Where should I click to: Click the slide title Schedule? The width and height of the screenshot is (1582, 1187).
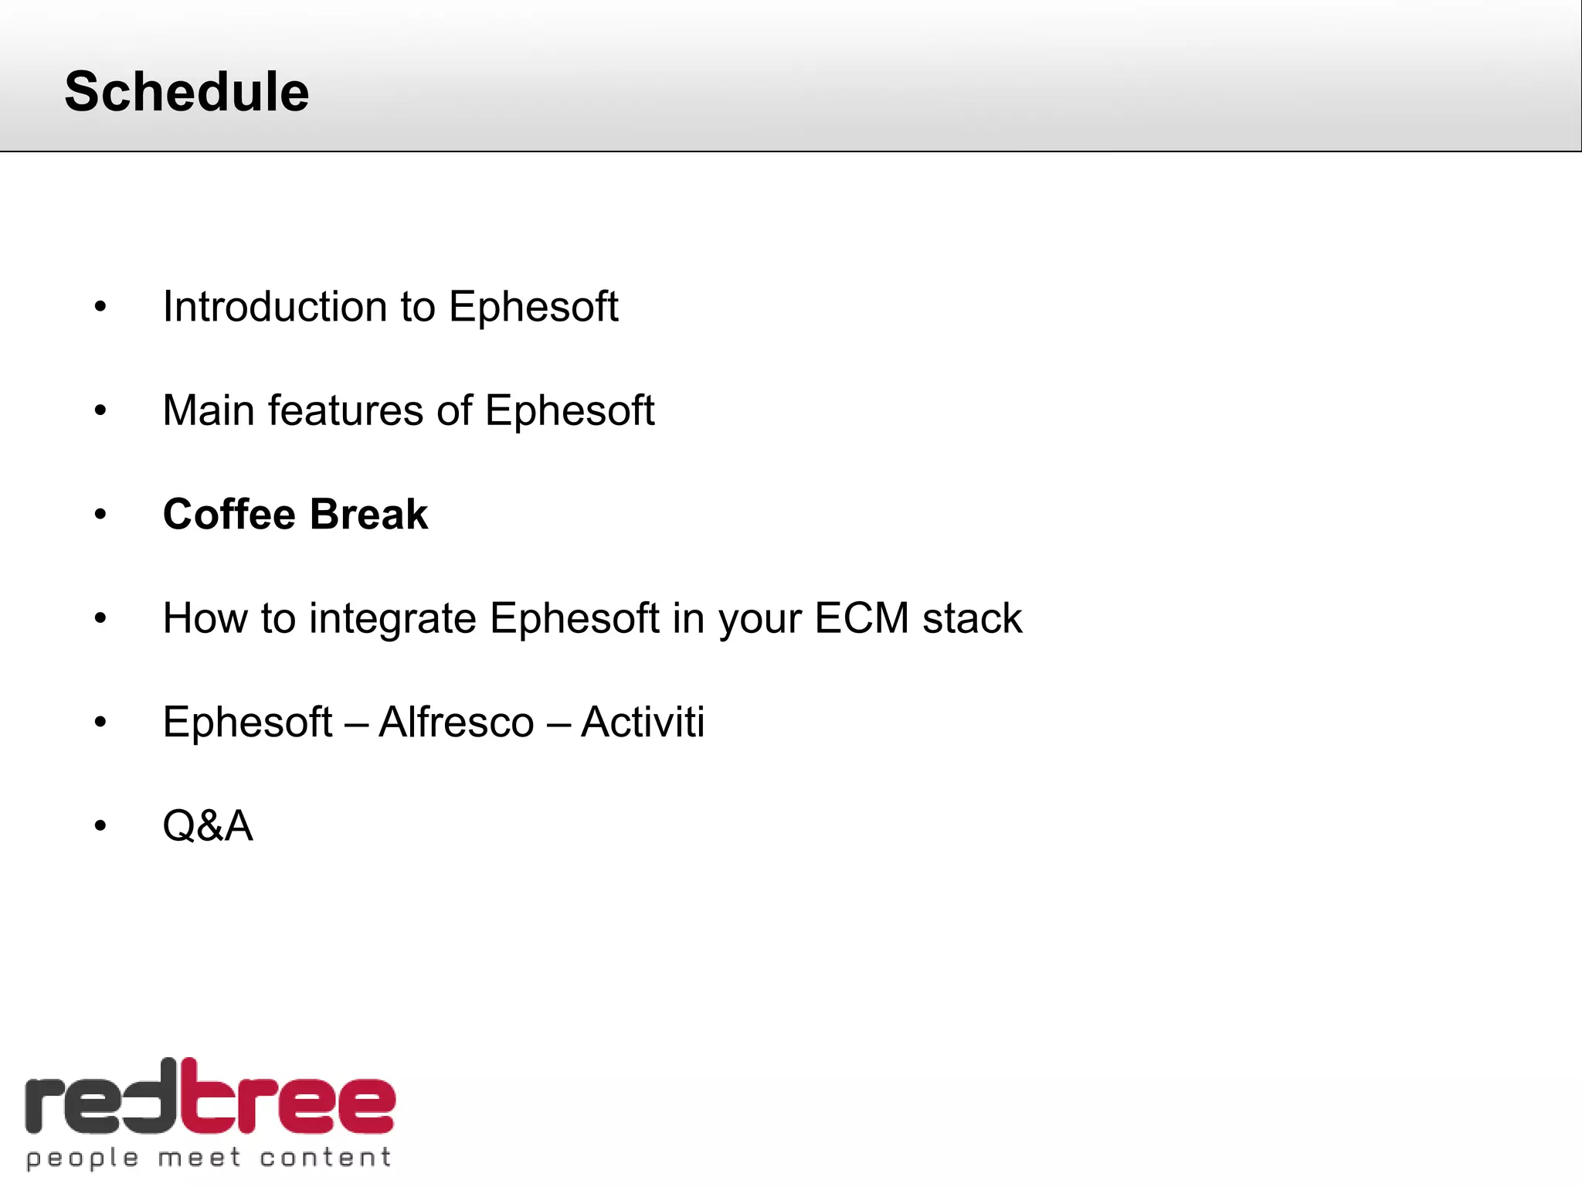(186, 91)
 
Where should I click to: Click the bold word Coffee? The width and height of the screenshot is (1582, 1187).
(229, 515)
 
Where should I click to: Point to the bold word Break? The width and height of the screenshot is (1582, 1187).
(368, 515)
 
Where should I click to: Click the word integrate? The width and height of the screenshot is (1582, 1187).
(392, 619)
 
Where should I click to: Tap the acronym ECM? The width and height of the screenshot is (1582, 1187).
(861, 618)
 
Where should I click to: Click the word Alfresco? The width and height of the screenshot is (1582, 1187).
(456, 722)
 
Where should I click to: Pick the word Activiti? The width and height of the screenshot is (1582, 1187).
(642, 722)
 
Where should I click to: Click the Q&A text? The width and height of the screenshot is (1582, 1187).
(208, 825)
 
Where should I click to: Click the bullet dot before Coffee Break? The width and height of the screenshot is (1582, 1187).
(100, 515)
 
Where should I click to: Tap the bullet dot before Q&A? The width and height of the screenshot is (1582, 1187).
(100, 826)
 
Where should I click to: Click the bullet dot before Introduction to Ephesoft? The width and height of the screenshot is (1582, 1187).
(100, 308)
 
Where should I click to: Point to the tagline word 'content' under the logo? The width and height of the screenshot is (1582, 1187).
(324, 1158)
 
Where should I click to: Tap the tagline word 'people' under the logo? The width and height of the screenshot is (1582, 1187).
(83, 1158)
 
